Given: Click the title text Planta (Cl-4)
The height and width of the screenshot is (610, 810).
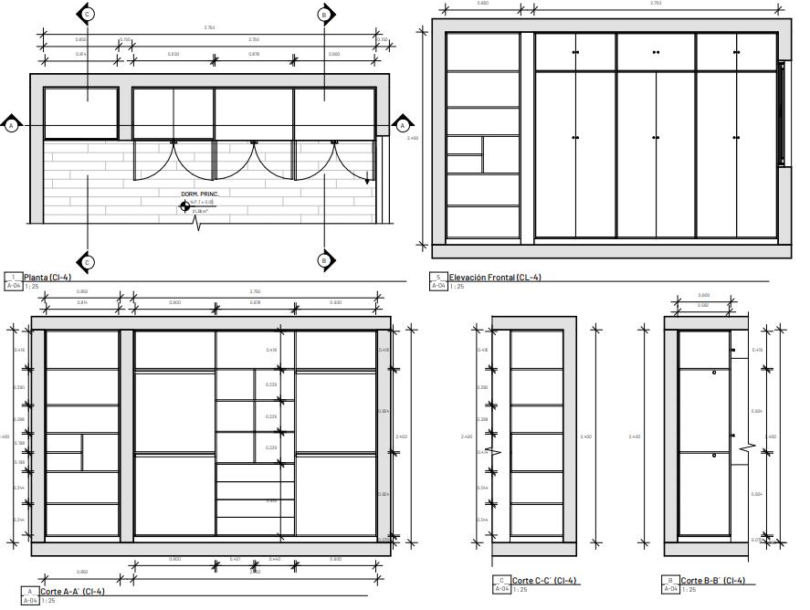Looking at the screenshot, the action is pos(47,278).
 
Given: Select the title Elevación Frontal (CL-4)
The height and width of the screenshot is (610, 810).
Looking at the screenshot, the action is pos(494,278).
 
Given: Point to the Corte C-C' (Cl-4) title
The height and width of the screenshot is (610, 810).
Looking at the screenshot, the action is pos(545,582).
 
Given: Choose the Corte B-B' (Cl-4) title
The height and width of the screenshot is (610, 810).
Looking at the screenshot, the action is pos(713,582).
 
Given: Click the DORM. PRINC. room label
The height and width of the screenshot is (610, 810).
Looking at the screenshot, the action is pos(199,195).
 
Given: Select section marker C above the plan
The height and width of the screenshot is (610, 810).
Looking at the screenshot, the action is pos(88,14).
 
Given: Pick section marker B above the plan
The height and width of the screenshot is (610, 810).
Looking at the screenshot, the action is pos(324,14).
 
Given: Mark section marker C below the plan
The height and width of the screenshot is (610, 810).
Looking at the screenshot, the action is pos(88,261).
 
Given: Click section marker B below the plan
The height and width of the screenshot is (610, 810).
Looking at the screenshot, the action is pos(324,261).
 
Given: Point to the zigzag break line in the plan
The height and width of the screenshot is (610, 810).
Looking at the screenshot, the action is pos(197,222).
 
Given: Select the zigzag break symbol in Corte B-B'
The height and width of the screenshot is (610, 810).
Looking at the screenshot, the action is pos(751,447).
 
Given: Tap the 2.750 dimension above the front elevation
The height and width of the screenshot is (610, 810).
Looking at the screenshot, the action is pos(656,4).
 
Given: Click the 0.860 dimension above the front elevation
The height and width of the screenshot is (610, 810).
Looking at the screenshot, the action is pos(483,4).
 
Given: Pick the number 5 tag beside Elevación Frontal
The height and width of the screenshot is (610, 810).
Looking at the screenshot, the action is pos(438,278).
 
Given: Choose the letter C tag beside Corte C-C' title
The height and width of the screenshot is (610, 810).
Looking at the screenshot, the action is pos(501,581).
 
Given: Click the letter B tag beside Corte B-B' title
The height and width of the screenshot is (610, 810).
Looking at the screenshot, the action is pos(670,581).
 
